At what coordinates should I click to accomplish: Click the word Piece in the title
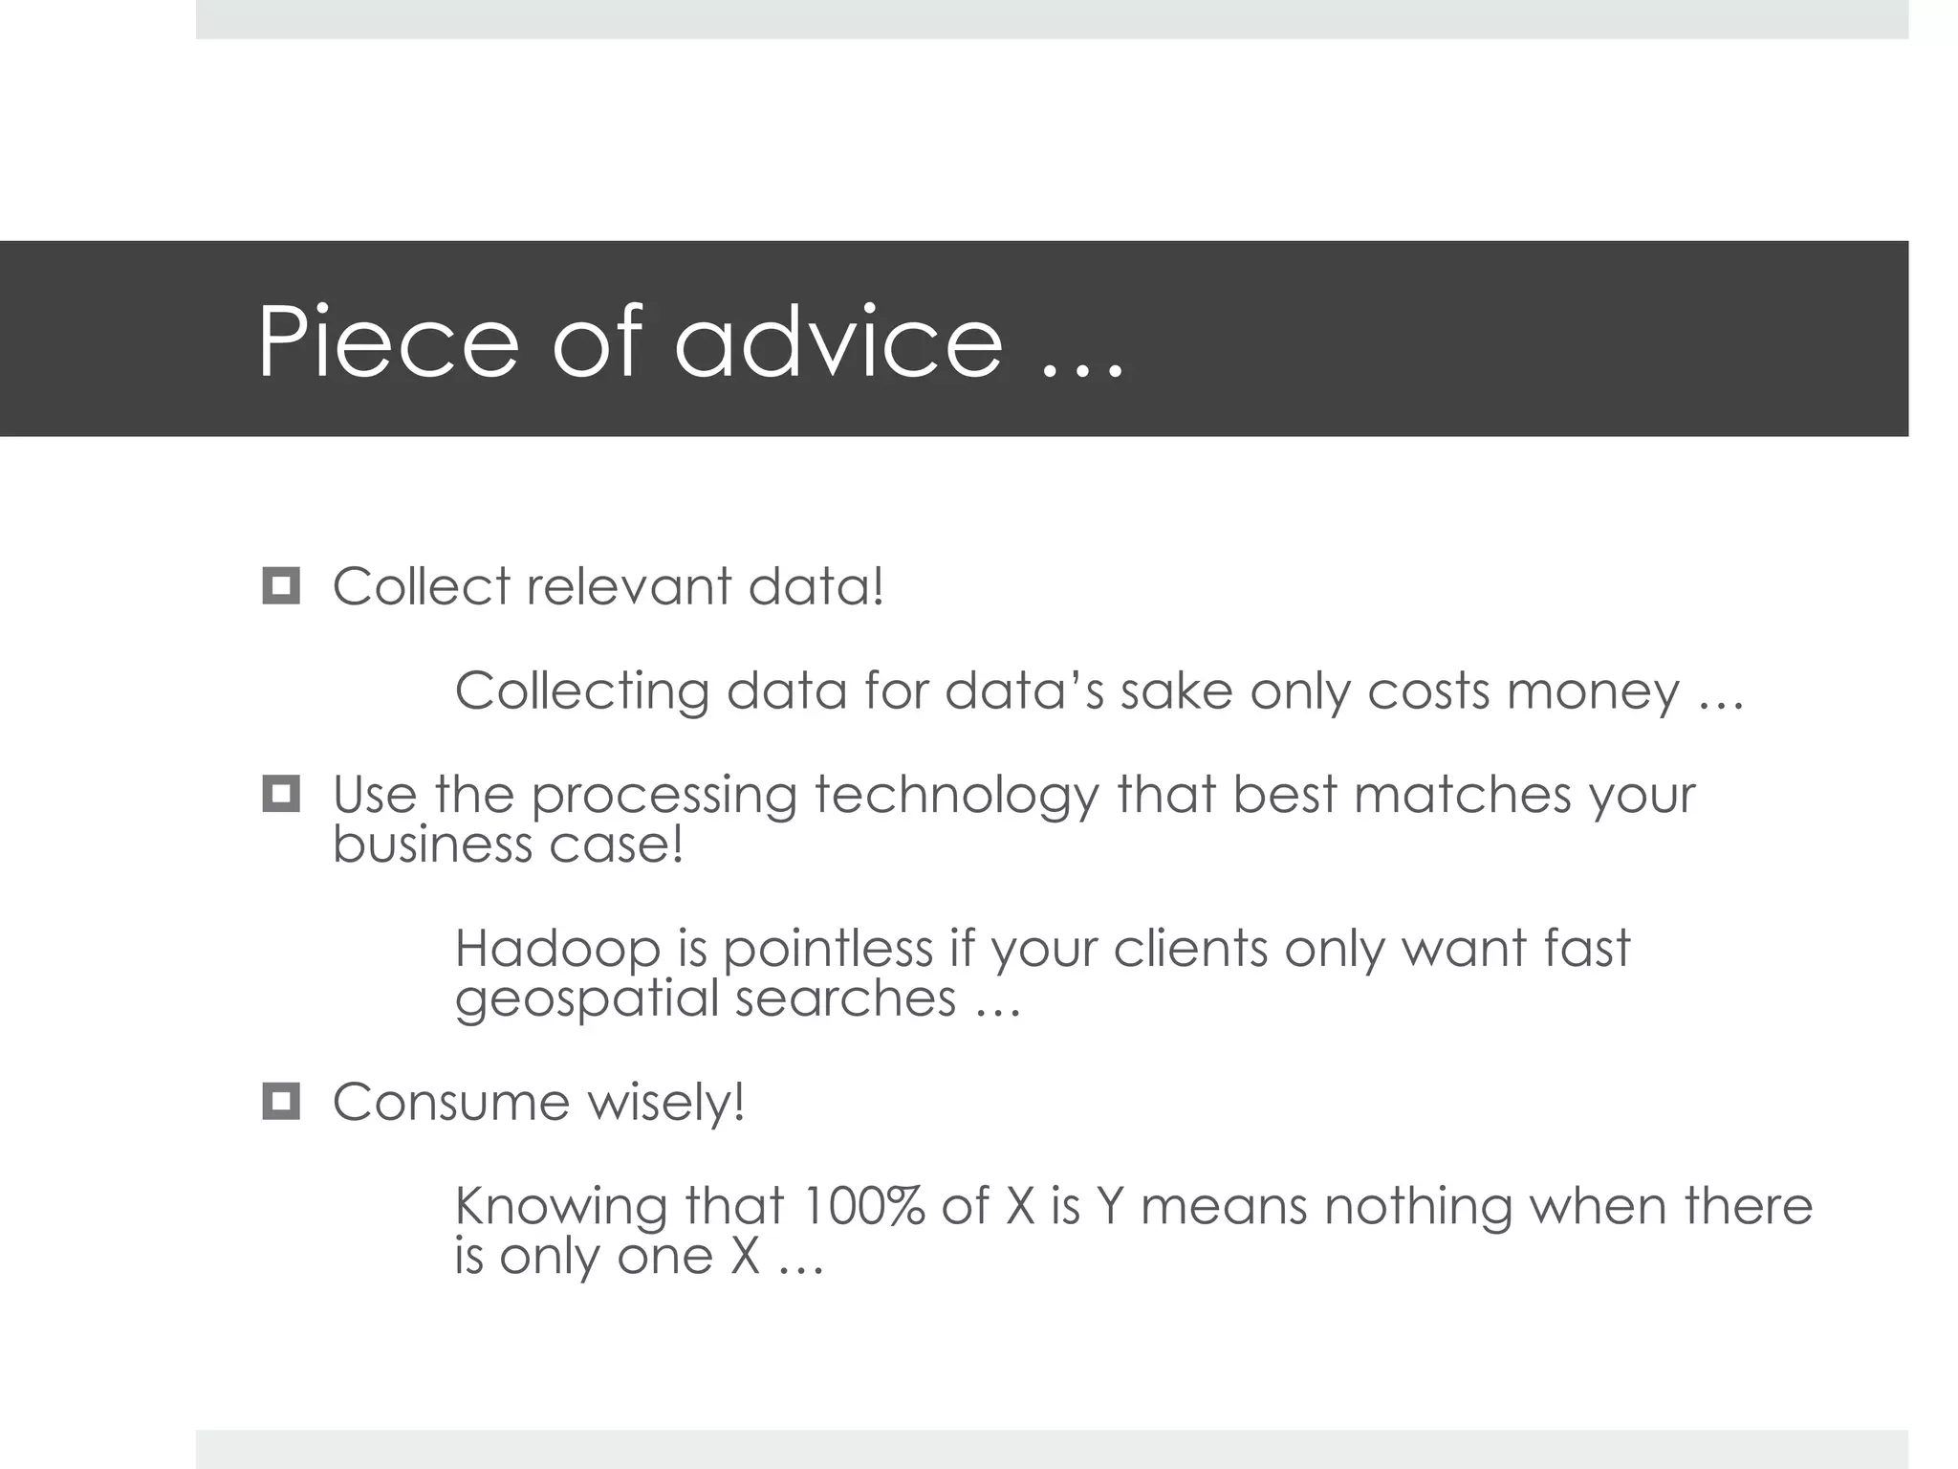387,341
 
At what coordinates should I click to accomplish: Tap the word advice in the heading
838,341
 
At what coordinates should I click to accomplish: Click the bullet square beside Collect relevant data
281,585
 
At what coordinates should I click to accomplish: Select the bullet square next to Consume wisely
281,1102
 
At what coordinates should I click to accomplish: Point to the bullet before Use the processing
281,794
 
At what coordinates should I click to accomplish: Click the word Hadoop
557,948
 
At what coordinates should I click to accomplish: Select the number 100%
862,1205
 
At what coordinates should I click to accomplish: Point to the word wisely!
665,1102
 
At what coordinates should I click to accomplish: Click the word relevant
628,586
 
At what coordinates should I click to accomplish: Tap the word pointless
827,948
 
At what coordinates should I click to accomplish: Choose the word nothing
1418,1207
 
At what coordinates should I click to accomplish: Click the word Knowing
560,1207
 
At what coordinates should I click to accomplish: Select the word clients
1189,948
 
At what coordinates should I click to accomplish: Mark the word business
432,844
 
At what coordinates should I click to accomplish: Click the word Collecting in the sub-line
581,691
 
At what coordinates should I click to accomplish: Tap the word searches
845,998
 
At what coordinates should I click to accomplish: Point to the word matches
1462,794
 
